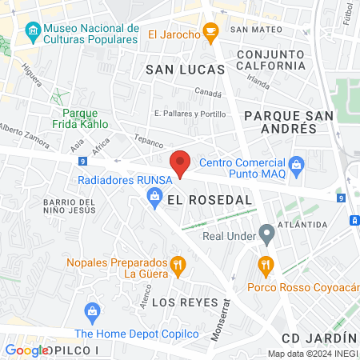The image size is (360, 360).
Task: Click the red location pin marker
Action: point(181,162)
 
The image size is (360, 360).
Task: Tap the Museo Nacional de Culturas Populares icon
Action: point(33,33)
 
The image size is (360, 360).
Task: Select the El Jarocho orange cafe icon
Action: point(210,34)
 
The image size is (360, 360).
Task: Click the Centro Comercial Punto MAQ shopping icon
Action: point(297,167)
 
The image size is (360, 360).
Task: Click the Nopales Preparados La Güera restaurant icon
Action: point(179,263)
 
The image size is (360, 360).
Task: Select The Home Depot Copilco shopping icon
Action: point(92,311)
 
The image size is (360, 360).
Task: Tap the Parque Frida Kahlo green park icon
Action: point(58,96)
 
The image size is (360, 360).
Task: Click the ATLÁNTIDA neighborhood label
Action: point(299,225)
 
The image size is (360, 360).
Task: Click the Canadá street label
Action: point(208,93)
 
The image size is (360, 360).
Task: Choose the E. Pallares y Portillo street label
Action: point(190,114)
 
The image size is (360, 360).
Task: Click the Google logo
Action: point(26,350)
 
